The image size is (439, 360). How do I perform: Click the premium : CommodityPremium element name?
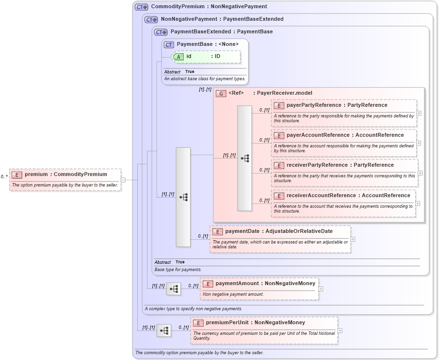point(66,174)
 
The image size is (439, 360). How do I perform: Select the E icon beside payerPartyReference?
point(278,105)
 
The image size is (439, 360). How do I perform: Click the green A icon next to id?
point(178,57)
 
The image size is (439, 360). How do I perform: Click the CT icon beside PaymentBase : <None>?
point(169,44)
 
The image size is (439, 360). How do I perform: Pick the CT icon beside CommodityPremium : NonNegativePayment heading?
point(141,7)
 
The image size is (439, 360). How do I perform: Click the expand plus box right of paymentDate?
point(353,239)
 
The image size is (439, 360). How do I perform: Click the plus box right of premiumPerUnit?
point(340,331)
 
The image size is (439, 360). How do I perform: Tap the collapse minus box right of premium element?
point(123,180)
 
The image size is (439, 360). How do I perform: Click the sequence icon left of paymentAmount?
point(174,289)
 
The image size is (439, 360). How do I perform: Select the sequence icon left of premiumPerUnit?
point(164,331)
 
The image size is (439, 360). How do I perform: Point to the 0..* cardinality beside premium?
point(4,177)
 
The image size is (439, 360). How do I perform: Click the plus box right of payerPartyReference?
point(419,113)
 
